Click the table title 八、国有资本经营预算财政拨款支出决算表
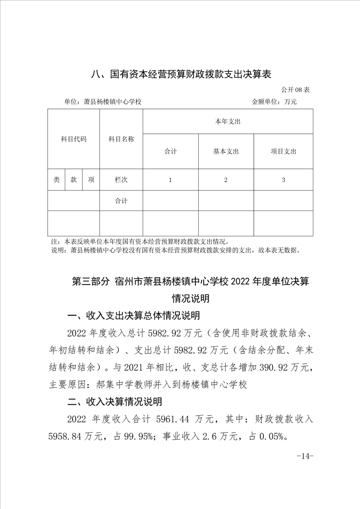coord(180,74)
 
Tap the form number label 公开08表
coord(296,90)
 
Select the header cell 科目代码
coord(73,139)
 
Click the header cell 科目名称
coord(121,139)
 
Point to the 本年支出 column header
coord(228,122)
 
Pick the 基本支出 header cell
coord(226,152)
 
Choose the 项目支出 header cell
coord(283,152)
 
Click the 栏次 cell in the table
coord(121,180)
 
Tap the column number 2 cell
coord(226,180)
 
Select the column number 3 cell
coord(283,180)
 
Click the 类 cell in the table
coord(56,180)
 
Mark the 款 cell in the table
coord(73,180)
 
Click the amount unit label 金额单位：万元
coord(274,102)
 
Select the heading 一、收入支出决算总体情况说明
coord(133,316)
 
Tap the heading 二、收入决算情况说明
coord(115,401)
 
